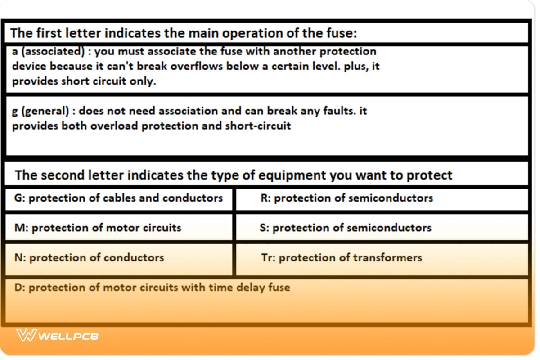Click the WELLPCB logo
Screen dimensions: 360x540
(x=57, y=335)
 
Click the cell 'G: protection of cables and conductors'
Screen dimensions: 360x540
(x=119, y=198)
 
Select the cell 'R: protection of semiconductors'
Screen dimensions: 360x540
(x=346, y=198)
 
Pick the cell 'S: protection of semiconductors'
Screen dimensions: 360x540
(x=345, y=228)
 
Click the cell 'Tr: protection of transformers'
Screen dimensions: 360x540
(x=342, y=258)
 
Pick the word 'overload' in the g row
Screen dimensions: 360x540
(x=114, y=126)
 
